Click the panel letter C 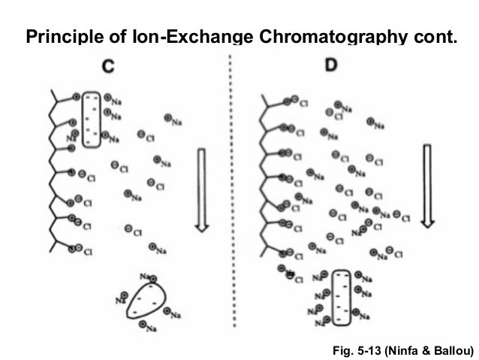[108, 67]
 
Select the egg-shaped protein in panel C [143, 304]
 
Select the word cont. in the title [430, 35]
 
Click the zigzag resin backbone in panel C [52, 173]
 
